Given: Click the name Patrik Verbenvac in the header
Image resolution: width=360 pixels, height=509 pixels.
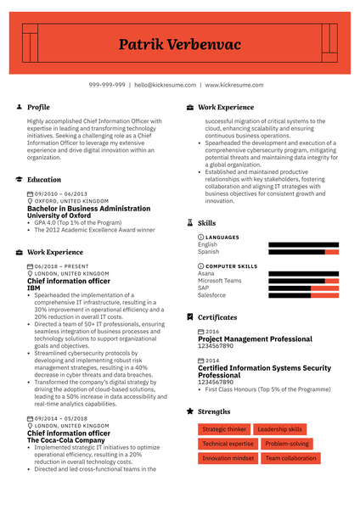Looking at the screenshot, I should pos(179,44).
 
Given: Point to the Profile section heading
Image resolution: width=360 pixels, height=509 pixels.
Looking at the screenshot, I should pos(38,108).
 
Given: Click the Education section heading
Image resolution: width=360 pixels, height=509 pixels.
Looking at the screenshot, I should pos(44,180).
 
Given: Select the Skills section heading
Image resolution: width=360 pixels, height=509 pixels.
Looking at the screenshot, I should pos(206,223).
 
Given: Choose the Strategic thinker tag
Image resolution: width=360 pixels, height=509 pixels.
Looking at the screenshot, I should pos(225,430).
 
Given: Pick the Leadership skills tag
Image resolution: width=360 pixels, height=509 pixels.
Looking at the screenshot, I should pos(279,430).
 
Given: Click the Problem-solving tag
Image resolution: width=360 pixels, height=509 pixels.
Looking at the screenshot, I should pos(286,444).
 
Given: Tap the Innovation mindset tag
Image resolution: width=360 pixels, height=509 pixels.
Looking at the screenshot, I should pos(228,458).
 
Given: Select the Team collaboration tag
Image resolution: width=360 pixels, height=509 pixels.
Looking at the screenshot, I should pos(290,458).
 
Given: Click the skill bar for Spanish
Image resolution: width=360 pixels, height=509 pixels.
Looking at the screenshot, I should pos(303,252).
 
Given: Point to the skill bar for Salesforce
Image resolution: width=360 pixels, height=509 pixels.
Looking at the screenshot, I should pos(303,295).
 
